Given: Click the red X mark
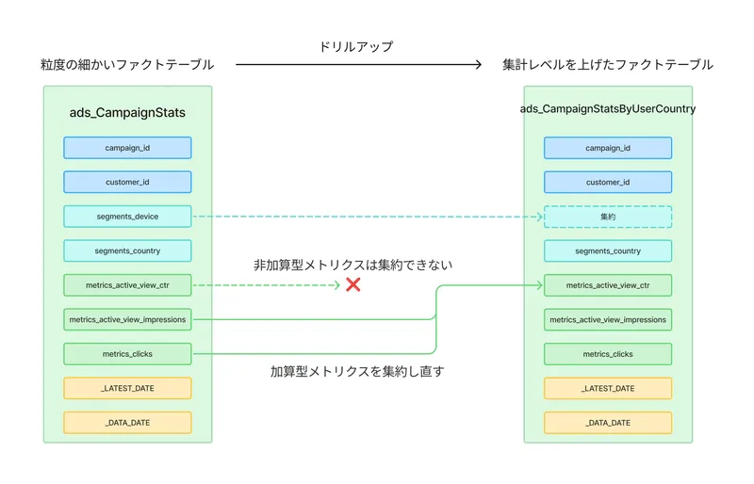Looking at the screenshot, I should [353, 284].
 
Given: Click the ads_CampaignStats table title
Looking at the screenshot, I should [127, 113].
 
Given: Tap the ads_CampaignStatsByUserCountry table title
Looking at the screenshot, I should [608, 109].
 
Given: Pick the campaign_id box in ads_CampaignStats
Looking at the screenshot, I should [127, 148].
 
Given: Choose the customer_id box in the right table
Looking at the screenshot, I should [608, 183].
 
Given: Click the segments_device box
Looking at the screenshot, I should [127, 217].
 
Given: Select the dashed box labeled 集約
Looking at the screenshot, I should [608, 217].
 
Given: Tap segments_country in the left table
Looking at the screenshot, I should [127, 251].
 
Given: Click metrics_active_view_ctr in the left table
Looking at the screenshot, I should [127, 285].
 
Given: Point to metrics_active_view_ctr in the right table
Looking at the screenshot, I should [608, 285].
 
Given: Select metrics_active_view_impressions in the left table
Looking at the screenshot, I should [127, 320].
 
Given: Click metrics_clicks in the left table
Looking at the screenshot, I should [127, 354].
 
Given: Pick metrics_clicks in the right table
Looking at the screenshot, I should [608, 354].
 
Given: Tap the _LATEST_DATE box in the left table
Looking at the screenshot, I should [127, 388].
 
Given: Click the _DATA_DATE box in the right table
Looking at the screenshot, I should [608, 423].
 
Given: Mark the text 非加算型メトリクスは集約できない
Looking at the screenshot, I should [352, 265].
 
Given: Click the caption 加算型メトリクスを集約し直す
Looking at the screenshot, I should [357, 371].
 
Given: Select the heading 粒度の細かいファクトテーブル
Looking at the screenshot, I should [127, 65].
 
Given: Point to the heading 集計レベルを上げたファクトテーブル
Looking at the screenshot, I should [608, 65].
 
